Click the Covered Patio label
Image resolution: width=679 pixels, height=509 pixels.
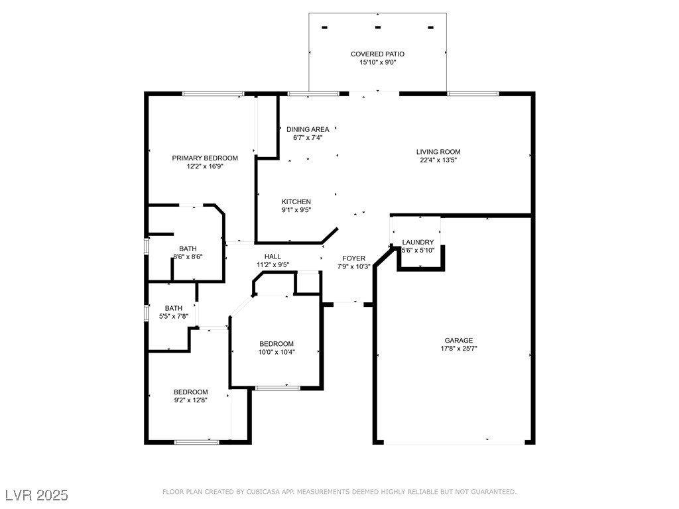377,54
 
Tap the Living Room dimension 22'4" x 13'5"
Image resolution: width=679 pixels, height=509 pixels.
438,160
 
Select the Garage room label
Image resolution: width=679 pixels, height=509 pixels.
459,341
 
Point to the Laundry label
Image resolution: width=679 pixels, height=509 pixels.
418,243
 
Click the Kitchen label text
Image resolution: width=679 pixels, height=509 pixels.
296,201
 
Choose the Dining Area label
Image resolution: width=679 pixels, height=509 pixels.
308,129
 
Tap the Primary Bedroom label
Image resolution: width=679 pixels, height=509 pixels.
205,158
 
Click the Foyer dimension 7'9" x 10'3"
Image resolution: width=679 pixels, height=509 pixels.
354,266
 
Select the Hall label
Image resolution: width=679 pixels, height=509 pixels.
273,256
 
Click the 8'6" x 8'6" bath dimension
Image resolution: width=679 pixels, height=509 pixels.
188,256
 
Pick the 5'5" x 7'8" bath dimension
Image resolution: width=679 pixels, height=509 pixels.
174,316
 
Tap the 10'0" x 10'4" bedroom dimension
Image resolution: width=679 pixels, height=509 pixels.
277,353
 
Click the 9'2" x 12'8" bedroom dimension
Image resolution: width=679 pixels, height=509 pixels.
191,400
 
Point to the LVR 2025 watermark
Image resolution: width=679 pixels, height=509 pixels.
37,494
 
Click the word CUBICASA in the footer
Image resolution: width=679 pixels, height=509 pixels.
261,492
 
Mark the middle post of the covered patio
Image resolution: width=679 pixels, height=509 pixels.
377,27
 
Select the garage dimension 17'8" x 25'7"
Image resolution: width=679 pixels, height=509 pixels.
459,349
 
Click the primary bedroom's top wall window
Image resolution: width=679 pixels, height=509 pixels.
213,93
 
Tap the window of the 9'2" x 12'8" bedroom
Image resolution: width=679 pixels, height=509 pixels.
196,442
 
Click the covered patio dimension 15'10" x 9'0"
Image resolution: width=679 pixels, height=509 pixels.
377,62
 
